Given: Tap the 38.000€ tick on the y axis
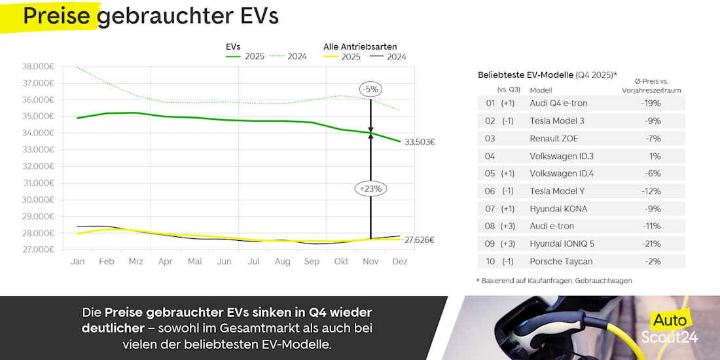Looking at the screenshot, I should (38, 67).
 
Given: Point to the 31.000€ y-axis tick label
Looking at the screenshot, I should (38, 183).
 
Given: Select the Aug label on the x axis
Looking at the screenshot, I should (283, 262).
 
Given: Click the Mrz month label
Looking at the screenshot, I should (136, 262).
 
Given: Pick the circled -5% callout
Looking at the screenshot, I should (370, 89).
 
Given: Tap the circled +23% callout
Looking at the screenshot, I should (370, 189).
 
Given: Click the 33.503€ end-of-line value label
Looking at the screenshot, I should (420, 142).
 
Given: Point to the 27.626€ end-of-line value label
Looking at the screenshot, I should (420, 240).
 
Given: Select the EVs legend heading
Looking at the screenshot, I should (232, 46).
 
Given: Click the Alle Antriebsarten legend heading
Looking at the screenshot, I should (360, 46).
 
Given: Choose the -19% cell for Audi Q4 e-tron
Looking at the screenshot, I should (652, 103).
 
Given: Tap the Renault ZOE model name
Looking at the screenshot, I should (554, 139).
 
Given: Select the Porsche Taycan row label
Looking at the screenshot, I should (561, 262).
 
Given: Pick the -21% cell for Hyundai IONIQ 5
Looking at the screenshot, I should (652, 244).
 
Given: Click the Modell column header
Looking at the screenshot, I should (541, 90).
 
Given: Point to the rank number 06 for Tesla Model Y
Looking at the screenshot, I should (491, 192).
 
